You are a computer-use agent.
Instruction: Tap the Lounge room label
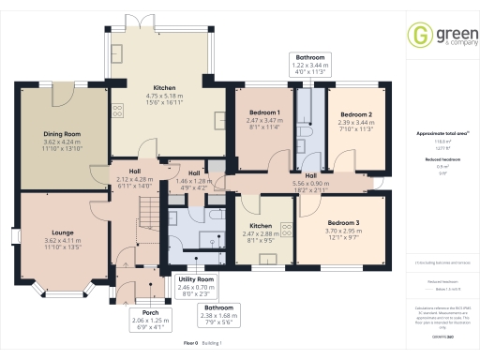(x=57, y=233)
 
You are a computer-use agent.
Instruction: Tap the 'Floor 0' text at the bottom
(x=189, y=345)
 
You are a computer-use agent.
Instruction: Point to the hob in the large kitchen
(x=118, y=110)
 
